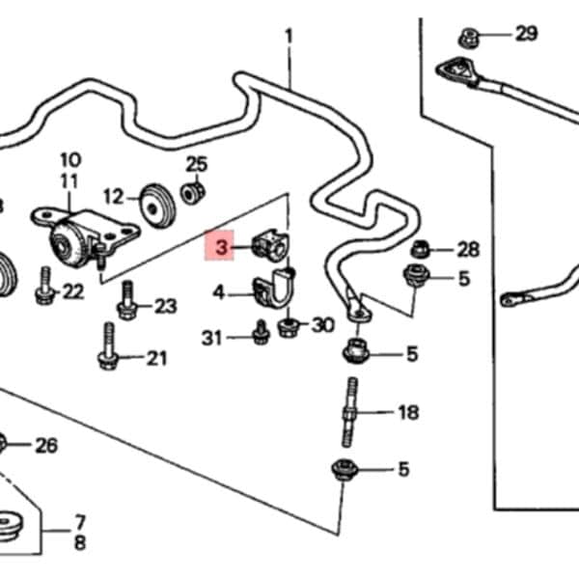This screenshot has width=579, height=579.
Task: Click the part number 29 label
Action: tap(526, 35)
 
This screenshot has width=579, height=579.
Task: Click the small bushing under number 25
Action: tap(192, 193)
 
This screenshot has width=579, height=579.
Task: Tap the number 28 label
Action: tap(468, 250)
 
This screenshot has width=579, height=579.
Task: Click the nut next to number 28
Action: tap(420, 249)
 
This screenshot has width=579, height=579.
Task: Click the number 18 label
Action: tap(408, 413)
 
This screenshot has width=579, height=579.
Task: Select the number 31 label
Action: tap(212, 337)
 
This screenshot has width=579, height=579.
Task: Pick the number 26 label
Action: tap(46, 445)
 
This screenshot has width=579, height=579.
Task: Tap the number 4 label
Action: tap(219, 291)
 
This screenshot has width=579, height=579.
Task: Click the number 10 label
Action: tap(70, 159)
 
